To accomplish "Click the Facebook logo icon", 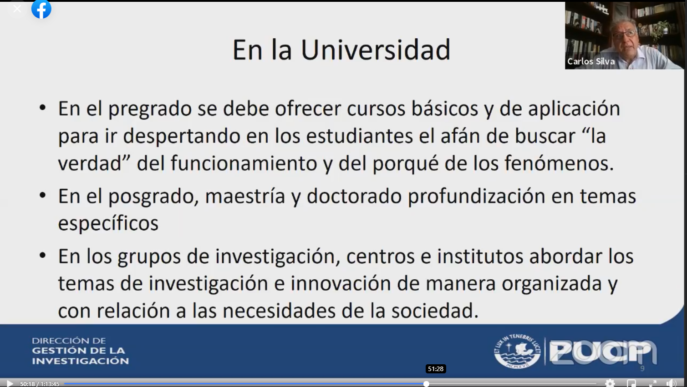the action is [x=41, y=9].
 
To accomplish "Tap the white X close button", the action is [x=17, y=9].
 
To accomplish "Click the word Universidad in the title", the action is [x=376, y=50].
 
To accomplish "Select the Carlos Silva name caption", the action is [x=590, y=61].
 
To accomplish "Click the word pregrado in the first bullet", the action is [x=150, y=110].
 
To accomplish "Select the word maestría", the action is [x=245, y=196].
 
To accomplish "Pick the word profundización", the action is [x=476, y=196].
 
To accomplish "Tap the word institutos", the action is [x=480, y=256].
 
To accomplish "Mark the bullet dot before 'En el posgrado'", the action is [x=43, y=195].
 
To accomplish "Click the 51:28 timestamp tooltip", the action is [x=436, y=369].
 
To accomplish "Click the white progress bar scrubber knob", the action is [x=426, y=384].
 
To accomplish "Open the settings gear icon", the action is [x=610, y=383].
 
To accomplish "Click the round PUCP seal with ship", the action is [x=517, y=351].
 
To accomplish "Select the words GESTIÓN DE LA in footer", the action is [x=78, y=351].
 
